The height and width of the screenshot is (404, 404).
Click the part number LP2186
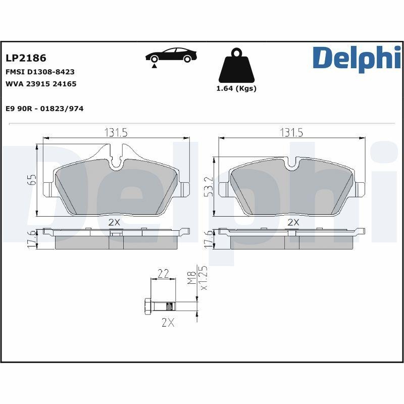click(x=26, y=59)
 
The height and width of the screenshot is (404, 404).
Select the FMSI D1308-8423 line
click(x=40, y=72)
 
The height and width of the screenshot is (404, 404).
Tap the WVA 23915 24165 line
click(x=41, y=84)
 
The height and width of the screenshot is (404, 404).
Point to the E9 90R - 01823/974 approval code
click(x=44, y=109)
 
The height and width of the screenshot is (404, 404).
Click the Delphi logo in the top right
click(x=357, y=58)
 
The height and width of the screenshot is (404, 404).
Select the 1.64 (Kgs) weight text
click(x=236, y=88)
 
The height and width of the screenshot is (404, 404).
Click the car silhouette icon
click(x=169, y=56)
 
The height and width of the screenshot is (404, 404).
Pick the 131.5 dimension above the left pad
click(x=116, y=133)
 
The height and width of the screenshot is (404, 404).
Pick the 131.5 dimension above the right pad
click(x=291, y=133)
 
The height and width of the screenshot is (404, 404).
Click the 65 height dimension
click(x=31, y=181)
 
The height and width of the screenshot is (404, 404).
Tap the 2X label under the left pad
click(x=114, y=222)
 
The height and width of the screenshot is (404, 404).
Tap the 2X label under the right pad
click(x=293, y=222)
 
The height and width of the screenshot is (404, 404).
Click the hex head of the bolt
click(x=148, y=306)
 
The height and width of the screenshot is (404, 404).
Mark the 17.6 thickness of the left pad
click(x=32, y=239)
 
